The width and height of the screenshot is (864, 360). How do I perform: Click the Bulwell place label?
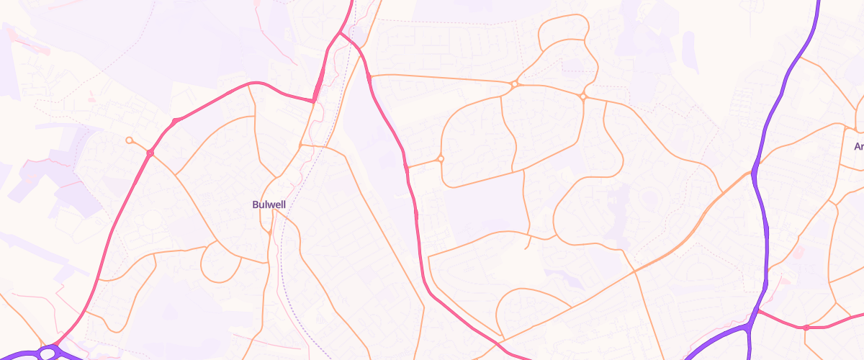tap(269, 204)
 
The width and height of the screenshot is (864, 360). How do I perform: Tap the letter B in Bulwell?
tap(256, 204)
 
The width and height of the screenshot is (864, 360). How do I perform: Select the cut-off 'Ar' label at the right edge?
tap(858, 147)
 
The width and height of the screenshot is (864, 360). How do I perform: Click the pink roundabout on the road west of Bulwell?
tap(150, 153)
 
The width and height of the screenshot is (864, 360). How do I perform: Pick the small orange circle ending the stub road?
tap(129, 140)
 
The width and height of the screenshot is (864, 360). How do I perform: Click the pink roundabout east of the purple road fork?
tap(806, 328)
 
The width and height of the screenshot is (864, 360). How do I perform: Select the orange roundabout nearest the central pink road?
tap(440, 159)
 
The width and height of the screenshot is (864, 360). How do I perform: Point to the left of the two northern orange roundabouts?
tap(515, 85)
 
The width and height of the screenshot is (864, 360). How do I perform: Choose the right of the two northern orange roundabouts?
tap(583, 96)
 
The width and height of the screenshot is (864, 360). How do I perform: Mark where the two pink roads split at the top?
tap(340, 33)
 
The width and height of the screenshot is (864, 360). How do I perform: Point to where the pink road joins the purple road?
tap(756, 311)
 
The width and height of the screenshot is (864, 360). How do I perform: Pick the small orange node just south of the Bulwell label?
tap(270, 233)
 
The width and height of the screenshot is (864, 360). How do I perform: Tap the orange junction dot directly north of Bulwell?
tap(301, 146)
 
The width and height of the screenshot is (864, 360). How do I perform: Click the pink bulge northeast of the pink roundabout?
tap(176, 120)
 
